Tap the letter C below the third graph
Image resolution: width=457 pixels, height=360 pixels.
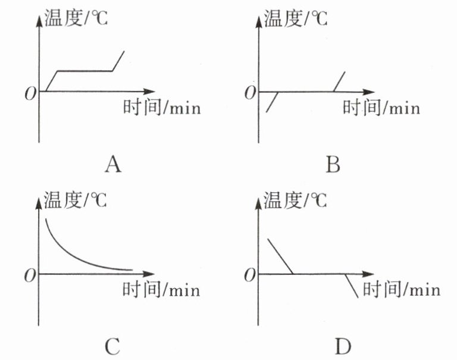pyautogui.click(x=112, y=345)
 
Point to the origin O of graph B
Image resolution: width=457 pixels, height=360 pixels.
pyautogui.click(x=250, y=94)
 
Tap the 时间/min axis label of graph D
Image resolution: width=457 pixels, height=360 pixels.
pyautogui.click(x=402, y=290)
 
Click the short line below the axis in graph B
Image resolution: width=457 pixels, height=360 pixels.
pyautogui.click(x=273, y=102)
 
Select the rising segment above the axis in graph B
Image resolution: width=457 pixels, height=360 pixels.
pyautogui.click(x=339, y=82)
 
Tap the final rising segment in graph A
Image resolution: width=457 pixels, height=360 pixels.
pyautogui.click(x=118, y=61)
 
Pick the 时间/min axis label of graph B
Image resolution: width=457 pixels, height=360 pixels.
pyautogui.click(x=381, y=108)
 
